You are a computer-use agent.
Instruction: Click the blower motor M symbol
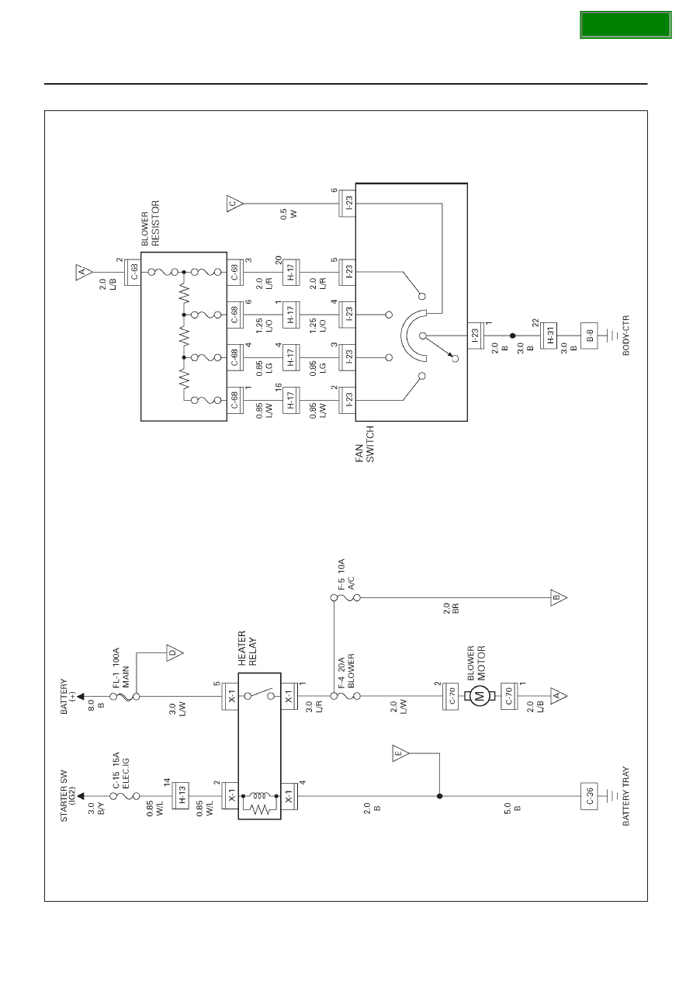(x=480, y=695)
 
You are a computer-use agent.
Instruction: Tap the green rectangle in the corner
(x=625, y=25)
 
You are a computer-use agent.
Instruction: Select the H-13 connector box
(x=180, y=795)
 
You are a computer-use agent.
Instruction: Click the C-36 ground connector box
(x=589, y=795)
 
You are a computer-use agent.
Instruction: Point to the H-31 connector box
(x=548, y=336)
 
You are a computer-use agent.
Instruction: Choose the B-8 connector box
(x=589, y=336)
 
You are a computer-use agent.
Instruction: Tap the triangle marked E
(x=400, y=753)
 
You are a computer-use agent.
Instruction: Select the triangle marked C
(x=234, y=204)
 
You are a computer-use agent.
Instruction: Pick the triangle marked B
(x=559, y=597)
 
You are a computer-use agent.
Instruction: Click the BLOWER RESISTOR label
(x=151, y=223)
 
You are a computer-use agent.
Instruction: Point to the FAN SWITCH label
(x=365, y=444)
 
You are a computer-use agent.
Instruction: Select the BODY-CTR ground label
(x=625, y=336)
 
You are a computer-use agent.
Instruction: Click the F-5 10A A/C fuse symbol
(x=345, y=597)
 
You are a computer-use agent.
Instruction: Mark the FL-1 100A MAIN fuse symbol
(x=125, y=696)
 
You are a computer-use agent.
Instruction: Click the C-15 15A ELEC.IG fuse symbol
(x=125, y=795)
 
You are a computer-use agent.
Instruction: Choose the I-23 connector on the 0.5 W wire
(x=348, y=204)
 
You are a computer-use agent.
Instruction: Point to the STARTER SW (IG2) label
(x=68, y=795)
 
